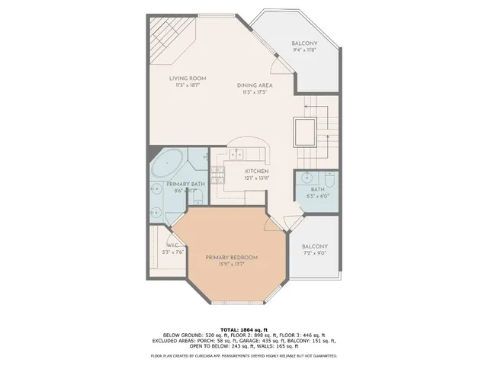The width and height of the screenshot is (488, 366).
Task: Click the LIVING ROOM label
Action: (x=188, y=78)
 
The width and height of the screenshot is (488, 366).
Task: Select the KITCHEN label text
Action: (x=257, y=172)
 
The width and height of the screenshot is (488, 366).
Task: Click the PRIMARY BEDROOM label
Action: (x=230, y=257)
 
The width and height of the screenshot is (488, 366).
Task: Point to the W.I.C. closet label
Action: (x=172, y=245)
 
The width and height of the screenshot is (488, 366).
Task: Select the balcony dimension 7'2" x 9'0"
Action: (x=314, y=255)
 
